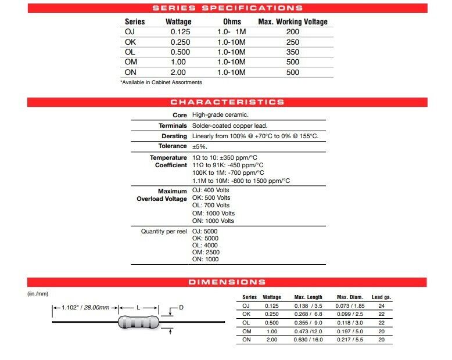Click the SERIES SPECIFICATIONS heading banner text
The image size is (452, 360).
pos(227,8)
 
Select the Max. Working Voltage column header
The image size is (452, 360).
pos(293,22)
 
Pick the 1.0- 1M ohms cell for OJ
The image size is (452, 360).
pos(231,32)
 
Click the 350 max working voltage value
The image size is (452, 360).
pos(293,52)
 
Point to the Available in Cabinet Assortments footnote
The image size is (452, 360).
pos(161,82)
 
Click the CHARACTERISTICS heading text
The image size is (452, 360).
pos(227,102)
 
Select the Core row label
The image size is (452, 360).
pos(180,116)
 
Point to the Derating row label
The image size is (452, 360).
pos(174,136)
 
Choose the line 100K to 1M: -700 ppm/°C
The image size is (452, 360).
pos(228,173)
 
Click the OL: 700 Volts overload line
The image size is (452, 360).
pos(210,206)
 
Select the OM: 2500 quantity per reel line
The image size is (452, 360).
pos(205,253)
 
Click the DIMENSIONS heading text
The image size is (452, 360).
pos(227,282)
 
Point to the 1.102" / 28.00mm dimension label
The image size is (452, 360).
pos(85,307)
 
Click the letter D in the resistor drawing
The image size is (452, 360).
pos(181,307)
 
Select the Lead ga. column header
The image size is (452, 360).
pos(381,297)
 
